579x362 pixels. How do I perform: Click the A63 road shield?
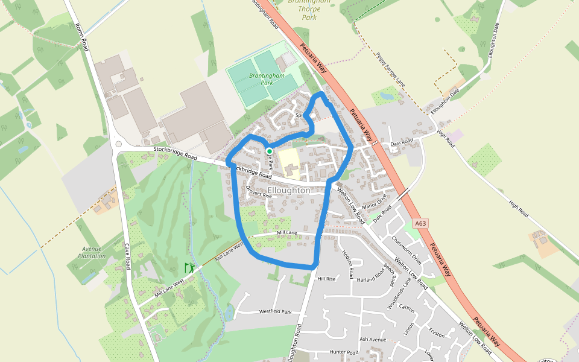click(421, 224)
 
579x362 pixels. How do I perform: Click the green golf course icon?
click(190, 267)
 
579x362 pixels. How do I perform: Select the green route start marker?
click(269, 151)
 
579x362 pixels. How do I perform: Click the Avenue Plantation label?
click(91, 252)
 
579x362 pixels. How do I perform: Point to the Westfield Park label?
click(275, 312)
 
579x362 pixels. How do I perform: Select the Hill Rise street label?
click(326, 279)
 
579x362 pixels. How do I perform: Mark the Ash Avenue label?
click(372, 340)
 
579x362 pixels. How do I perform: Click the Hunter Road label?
click(344, 352)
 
